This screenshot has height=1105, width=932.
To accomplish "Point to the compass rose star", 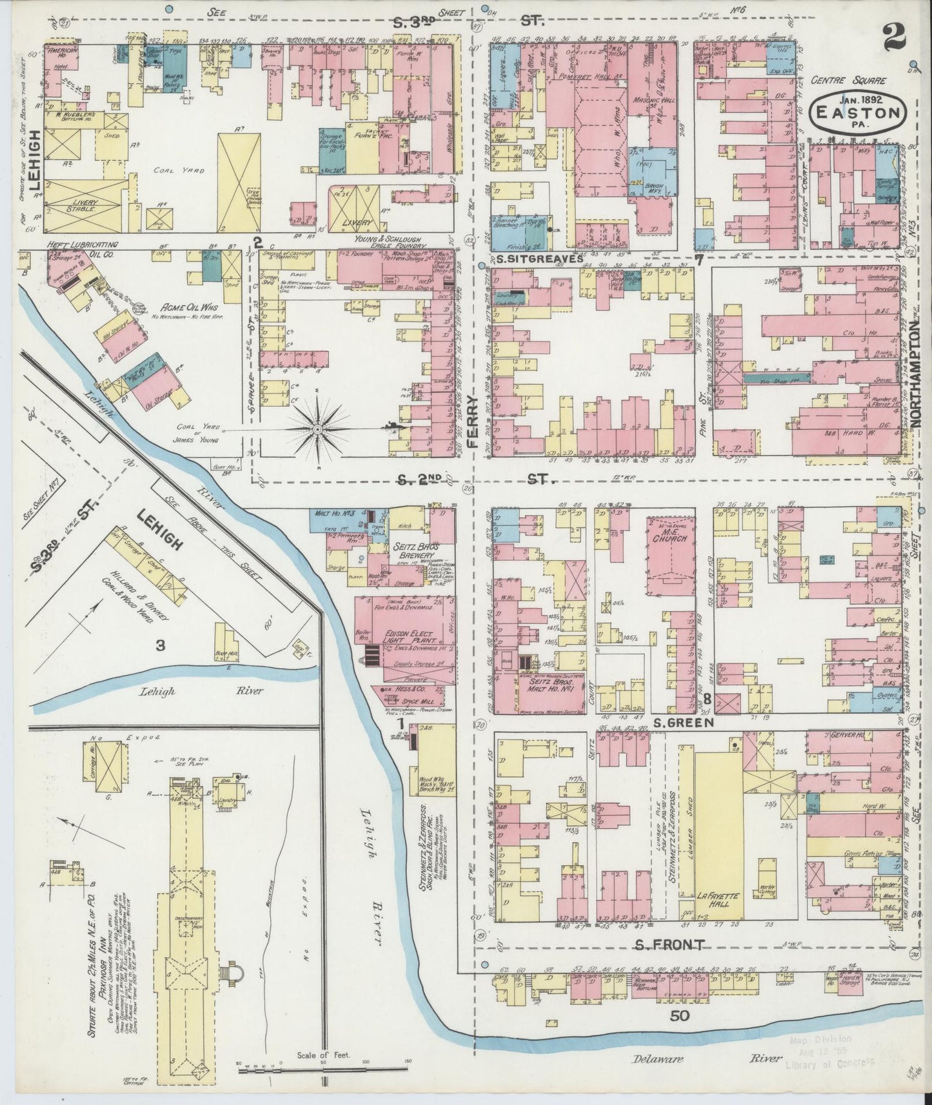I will (x=319, y=427).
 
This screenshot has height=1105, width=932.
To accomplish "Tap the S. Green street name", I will (x=682, y=723).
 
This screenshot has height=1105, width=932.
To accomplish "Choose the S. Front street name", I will (x=668, y=945).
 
